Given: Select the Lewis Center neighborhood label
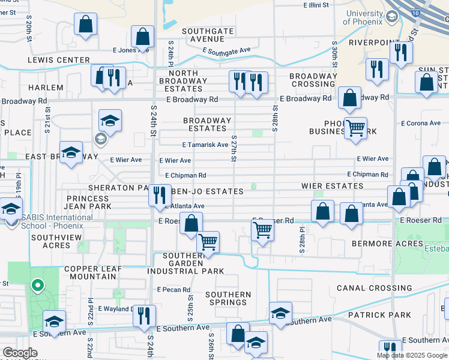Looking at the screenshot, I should pos(58,61).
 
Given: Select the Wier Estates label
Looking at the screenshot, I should pos(333,187).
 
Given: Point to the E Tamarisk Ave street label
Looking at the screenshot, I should pos(205,145).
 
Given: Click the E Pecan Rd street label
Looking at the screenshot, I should pos(173,290).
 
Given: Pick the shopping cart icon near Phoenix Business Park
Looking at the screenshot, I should pos(356,127).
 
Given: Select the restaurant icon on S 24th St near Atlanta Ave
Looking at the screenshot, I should pos(159,194).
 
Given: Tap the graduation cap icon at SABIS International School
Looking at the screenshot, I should pos(10,209).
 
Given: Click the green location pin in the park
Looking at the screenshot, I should pos(37,286).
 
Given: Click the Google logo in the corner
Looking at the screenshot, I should pos(20,353).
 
